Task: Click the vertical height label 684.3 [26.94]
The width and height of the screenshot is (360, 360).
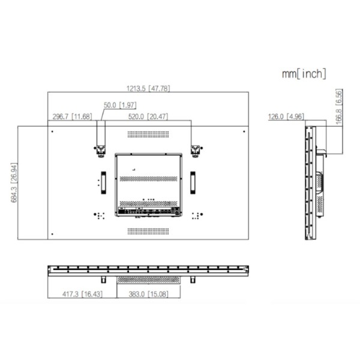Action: coord(14,182)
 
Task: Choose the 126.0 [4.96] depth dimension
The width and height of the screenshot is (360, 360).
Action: coord(286,116)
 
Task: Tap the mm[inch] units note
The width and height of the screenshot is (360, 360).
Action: coord(304,74)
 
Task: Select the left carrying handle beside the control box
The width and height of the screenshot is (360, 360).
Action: coord(103,181)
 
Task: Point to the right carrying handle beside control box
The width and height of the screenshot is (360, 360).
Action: coord(193,181)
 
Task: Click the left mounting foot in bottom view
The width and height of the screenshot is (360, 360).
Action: coord(103,280)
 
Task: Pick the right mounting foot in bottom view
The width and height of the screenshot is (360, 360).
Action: coord(193,280)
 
